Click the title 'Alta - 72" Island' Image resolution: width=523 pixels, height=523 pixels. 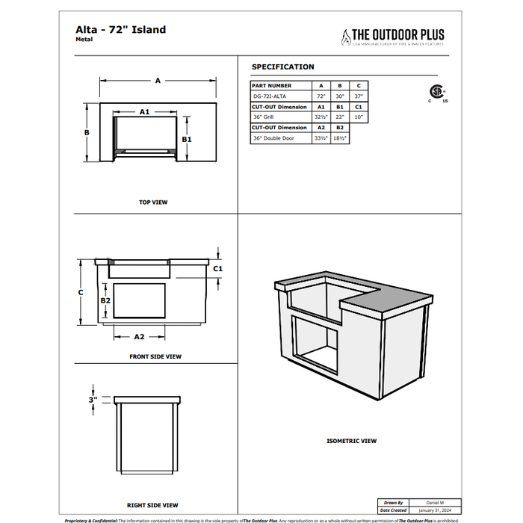pos(120,30)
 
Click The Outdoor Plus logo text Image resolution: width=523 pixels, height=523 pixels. pos(397,34)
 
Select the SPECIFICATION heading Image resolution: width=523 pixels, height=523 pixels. pos(282,67)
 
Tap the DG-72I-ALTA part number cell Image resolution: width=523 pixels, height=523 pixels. pos(269,96)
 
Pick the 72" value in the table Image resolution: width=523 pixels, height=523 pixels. pos(321,96)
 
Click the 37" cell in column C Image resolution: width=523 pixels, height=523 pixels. pos(359,96)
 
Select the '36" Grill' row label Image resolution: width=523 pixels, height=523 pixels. pos(264,117)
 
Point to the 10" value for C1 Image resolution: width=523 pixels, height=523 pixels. pos(359,117)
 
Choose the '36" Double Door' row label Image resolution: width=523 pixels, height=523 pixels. pos(273,138)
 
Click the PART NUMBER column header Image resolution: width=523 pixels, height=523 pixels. pos(272,86)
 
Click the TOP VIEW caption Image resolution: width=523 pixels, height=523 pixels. pos(153,202)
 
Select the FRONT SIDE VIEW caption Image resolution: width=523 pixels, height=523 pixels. pos(155,357)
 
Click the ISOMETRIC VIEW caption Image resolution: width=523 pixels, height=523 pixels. pos(351,442)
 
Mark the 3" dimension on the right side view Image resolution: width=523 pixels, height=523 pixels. pos(92,400)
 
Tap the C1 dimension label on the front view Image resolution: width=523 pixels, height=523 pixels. pos(218,268)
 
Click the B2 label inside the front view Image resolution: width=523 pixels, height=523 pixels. pos(105,300)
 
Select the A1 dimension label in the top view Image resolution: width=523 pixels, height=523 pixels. pos(144,111)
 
